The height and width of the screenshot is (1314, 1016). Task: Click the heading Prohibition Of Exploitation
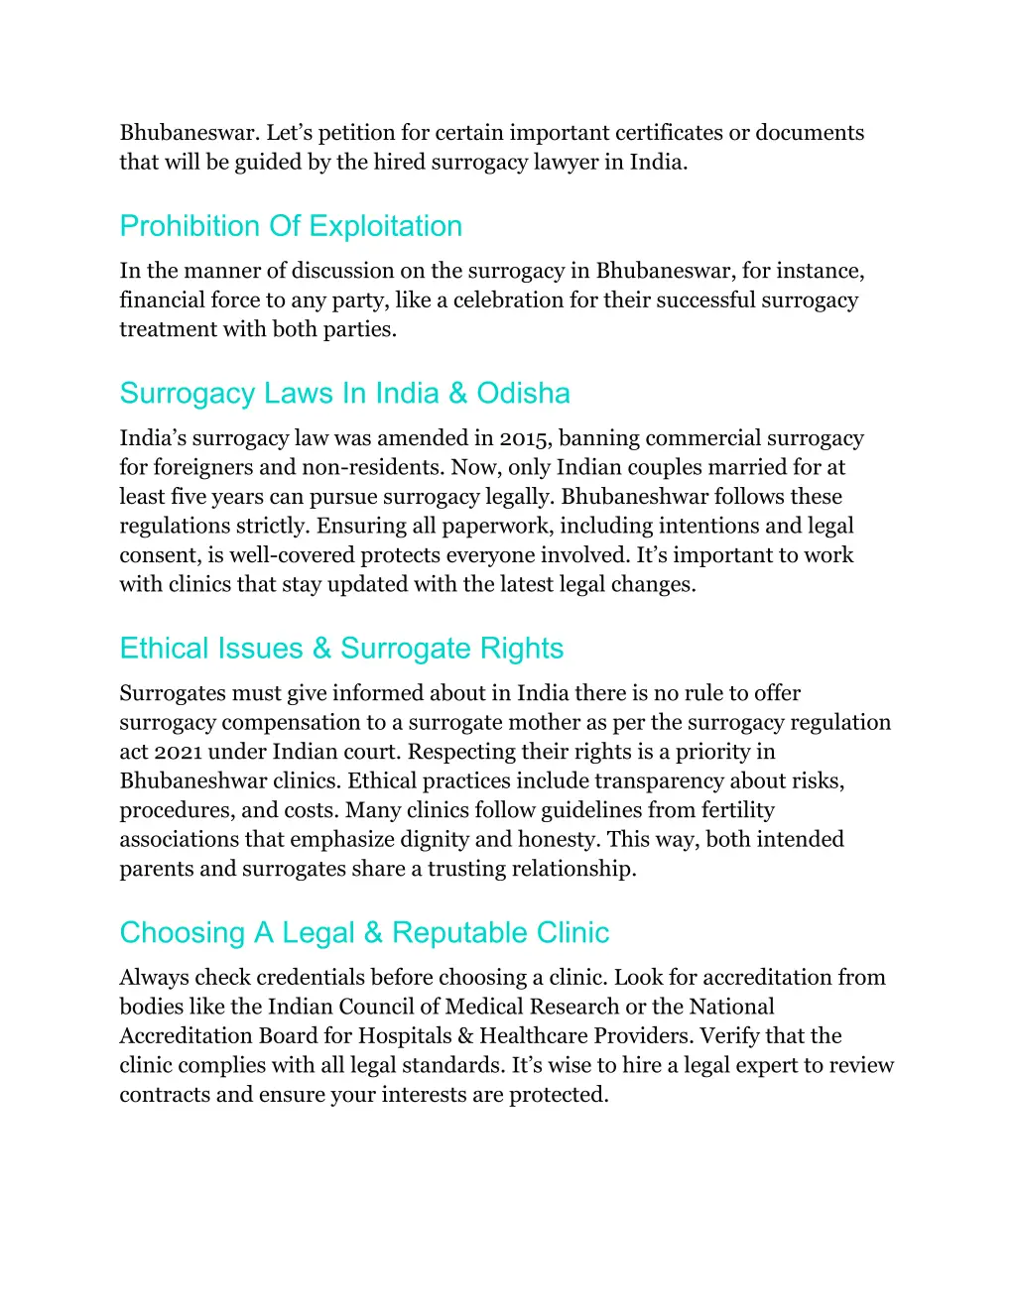pyautogui.click(x=291, y=226)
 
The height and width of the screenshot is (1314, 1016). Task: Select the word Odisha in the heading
pyautogui.click(x=523, y=394)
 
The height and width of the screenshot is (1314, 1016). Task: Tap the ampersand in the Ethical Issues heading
pyautogui.click(x=321, y=649)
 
